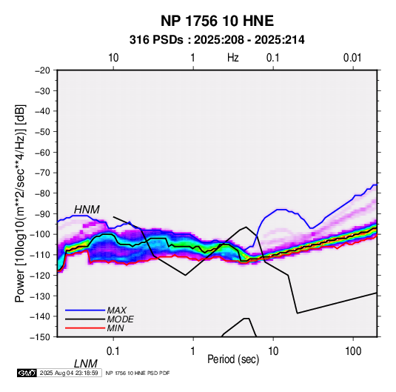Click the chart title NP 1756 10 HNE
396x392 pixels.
pos(217,21)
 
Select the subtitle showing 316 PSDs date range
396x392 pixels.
pos(217,40)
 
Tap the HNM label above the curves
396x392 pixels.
pos(87,210)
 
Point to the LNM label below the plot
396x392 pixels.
pos(86,364)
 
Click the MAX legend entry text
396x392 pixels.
pos(117,310)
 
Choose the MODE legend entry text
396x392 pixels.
pos(120,319)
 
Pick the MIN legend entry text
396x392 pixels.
pos(115,328)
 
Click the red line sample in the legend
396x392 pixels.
pos(85,328)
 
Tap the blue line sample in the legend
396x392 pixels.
pos(85,310)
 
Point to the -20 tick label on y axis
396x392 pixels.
pos(42,70)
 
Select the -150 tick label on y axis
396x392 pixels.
pos(40,337)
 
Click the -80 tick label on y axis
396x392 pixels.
pos(42,193)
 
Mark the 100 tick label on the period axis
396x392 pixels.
pos(353,351)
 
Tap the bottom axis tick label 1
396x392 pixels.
pos(193,351)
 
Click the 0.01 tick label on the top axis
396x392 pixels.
pos(352,58)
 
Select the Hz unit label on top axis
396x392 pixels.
pos(233,58)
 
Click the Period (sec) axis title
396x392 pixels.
pos(233,359)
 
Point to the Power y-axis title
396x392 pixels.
pos(20,203)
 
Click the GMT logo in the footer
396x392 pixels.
pos(27,373)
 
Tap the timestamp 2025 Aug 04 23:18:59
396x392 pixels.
pos(69,373)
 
